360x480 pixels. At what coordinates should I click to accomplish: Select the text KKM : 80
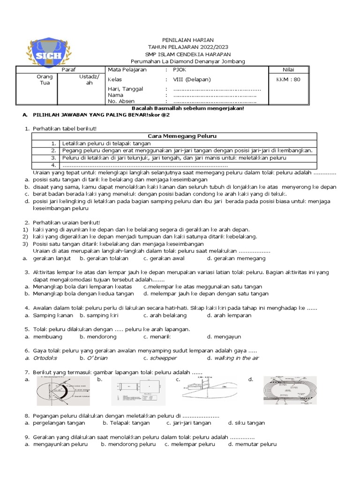(288, 79)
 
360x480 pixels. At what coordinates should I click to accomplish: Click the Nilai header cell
(288, 69)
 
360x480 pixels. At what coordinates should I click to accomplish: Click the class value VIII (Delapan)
(192, 79)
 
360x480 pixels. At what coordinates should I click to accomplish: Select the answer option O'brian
(97, 358)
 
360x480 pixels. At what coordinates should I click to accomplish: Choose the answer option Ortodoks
(45, 358)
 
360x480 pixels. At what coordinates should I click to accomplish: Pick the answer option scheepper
(163, 358)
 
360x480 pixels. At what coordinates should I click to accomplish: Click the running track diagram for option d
(290, 390)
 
